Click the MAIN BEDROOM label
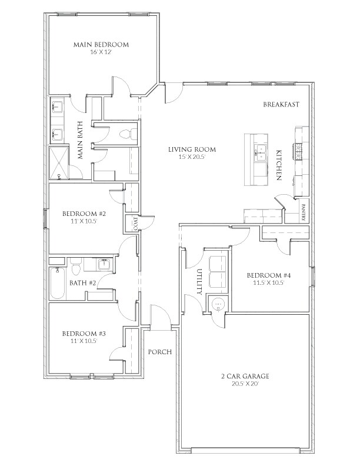click(x=101, y=45)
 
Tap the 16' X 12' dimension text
click(x=101, y=53)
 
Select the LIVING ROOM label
click(x=192, y=150)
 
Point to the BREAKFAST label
click(x=282, y=105)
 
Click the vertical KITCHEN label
click(x=278, y=165)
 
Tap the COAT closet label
click(x=135, y=224)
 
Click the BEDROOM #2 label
click(x=84, y=214)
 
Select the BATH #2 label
click(x=82, y=283)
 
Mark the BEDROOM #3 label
click(x=84, y=333)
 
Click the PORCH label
click(x=159, y=352)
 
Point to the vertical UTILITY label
click(x=199, y=281)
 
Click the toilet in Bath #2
click(x=75, y=269)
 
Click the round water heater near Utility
click(x=218, y=304)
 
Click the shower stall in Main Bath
click(x=59, y=163)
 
